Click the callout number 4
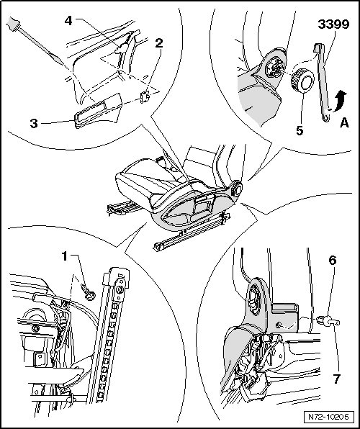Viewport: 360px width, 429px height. tap(68, 21)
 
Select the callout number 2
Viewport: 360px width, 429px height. tap(159, 43)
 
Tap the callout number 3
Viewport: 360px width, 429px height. tap(34, 123)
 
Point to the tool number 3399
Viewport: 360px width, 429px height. tap(333, 24)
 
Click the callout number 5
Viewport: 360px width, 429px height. tap(300, 131)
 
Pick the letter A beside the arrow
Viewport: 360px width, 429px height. tap(344, 123)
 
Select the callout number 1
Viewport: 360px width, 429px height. tap(64, 256)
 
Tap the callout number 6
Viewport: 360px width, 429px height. tap(333, 261)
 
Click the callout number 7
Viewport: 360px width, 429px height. tap(336, 379)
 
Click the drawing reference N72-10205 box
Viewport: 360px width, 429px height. tap(328, 417)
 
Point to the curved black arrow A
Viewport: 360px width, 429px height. tap(339, 101)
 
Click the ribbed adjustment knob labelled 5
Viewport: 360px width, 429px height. tap(302, 81)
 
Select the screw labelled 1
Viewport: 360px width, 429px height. tap(88, 292)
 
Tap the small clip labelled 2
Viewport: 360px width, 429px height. tap(145, 97)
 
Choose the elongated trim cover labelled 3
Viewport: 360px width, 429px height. tap(97, 111)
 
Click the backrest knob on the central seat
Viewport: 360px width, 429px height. tap(237, 189)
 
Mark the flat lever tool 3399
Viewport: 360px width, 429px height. tap(323, 82)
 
